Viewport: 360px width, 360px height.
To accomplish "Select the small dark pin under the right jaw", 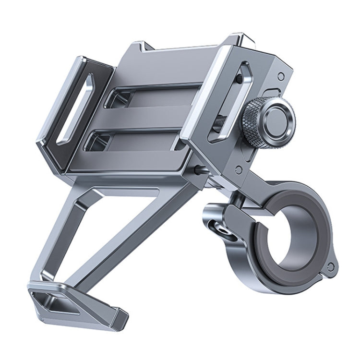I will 198,169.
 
